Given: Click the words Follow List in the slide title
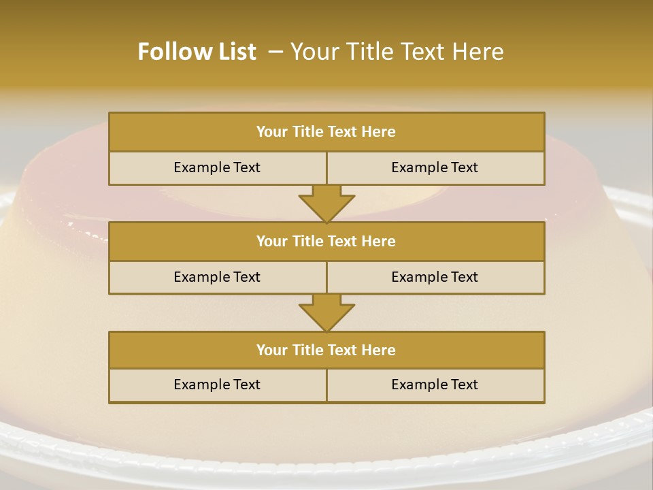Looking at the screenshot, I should click(197, 52).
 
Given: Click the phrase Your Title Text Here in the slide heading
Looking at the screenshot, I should click(397, 52).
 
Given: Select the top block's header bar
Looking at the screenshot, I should click(326, 132).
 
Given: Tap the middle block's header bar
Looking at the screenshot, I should click(326, 242).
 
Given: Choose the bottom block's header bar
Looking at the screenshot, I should click(326, 350).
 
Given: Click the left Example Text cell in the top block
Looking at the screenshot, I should click(217, 168).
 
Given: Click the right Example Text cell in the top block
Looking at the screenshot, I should click(435, 168).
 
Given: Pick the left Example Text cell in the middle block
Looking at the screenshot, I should click(217, 278).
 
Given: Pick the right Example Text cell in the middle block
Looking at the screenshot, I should click(435, 278).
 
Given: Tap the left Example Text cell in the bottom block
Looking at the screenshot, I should click(217, 385).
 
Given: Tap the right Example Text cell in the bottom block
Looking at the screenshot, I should click(435, 385).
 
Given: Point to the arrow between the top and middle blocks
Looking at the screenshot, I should click(326, 203).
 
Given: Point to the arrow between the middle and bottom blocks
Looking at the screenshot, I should click(326, 313).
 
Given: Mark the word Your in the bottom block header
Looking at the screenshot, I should click(271, 350).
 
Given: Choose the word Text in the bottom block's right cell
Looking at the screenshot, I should click(464, 385).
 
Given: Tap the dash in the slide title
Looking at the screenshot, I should click(276, 52).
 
